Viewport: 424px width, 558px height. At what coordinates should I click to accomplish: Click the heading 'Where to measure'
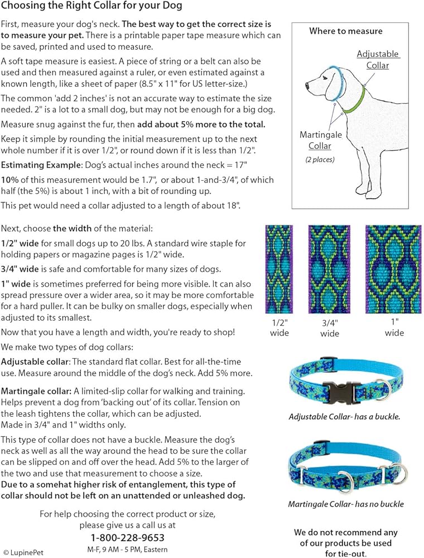[x=346, y=31]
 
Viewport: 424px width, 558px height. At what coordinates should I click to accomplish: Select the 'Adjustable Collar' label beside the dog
[x=378, y=60]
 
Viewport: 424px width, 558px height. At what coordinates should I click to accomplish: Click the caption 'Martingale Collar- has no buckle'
[x=346, y=504]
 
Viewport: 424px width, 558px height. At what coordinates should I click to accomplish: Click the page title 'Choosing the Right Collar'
[x=91, y=7]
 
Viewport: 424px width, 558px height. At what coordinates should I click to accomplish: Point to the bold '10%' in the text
[x=9, y=179]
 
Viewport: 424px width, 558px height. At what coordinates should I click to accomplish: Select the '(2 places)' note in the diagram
[x=316, y=160]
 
